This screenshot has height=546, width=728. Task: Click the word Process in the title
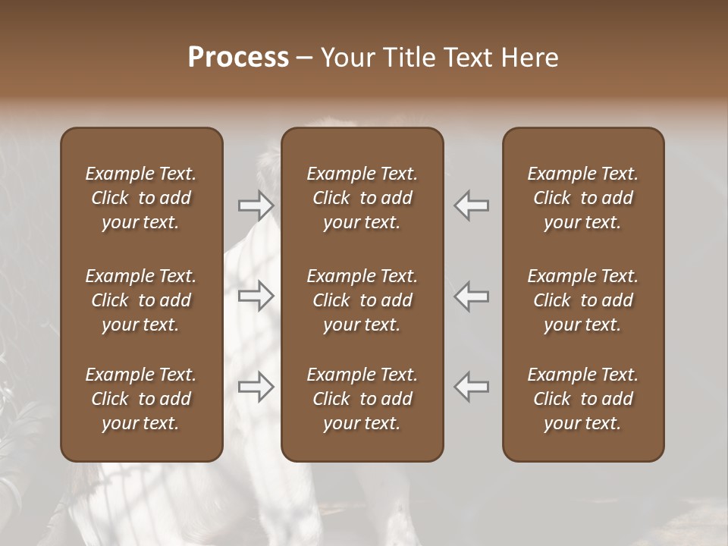(x=238, y=58)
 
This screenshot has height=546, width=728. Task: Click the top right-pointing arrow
(x=256, y=206)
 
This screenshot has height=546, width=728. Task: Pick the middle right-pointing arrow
(x=256, y=296)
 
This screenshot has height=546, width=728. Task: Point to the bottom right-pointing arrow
(x=256, y=387)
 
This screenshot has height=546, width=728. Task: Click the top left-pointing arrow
(x=472, y=206)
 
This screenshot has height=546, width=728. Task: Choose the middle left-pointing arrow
(x=472, y=296)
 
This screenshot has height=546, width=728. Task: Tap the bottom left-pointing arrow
(x=472, y=387)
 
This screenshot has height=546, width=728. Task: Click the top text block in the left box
(x=141, y=198)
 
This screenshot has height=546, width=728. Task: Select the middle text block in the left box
(x=141, y=300)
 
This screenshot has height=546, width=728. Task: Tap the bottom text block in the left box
(x=141, y=399)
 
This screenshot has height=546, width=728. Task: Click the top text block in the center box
(x=362, y=198)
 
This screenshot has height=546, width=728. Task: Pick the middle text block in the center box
(x=362, y=300)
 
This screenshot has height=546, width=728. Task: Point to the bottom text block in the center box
(x=362, y=399)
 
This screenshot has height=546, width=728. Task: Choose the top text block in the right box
(x=583, y=198)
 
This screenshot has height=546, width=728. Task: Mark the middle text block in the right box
(x=583, y=300)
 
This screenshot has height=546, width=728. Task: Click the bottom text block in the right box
(x=583, y=399)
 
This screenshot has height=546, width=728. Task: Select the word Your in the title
(x=346, y=58)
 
